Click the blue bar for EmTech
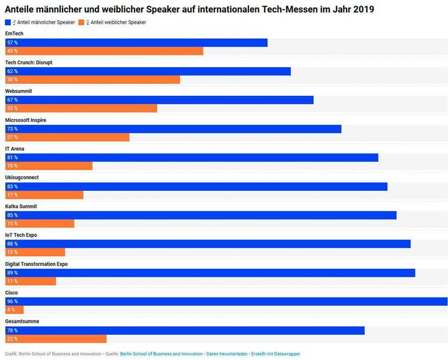[136, 43]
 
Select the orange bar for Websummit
[81, 109]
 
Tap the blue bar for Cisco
[226, 301]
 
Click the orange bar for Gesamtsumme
[56, 339]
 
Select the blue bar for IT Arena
[192, 157]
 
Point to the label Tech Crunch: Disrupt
[29, 62]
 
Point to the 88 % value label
[13, 244]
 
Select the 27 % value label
[13, 137]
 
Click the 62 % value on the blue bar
[13, 71]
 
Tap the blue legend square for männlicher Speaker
[8, 22]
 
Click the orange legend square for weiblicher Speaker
[80, 22]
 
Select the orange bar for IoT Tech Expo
[35, 253]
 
